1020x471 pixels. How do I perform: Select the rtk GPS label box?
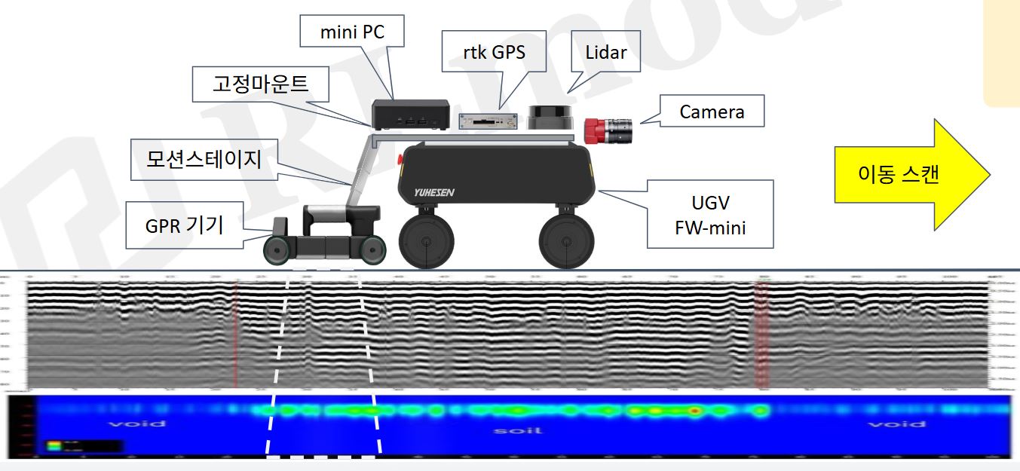click(x=493, y=52)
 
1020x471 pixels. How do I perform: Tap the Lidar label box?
click(x=605, y=52)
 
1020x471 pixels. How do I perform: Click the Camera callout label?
click(x=712, y=112)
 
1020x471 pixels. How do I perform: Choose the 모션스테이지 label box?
click(x=204, y=159)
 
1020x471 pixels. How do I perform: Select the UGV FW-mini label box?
click(x=710, y=214)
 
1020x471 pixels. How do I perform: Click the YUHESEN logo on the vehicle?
click(x=436, y=192)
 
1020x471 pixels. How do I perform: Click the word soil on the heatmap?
click(x=512, y=430)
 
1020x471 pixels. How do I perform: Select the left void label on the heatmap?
click(x=136, y=424)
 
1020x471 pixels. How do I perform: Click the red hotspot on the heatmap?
click(x=694, y=411)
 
